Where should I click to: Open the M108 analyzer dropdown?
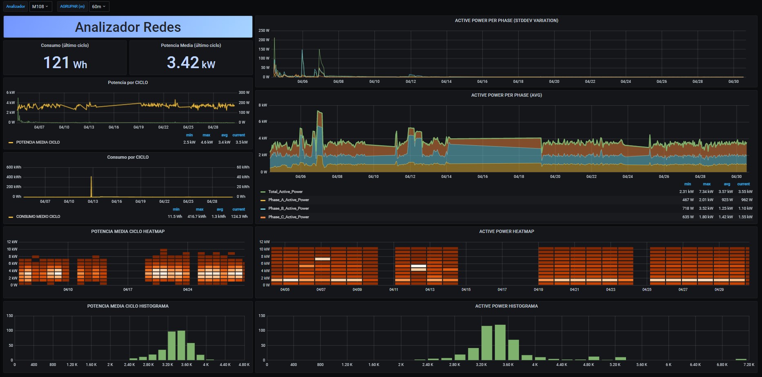click(40, 7)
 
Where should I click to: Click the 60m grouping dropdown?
click(99, 7)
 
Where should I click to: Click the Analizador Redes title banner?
click(128, 27)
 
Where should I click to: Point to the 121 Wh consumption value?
click(65, 63)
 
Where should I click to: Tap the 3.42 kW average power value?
click(191, 63)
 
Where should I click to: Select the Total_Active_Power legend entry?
click(285, 191)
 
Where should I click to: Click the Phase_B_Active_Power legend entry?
click(288, 208)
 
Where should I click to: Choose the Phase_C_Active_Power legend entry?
click(288, 217)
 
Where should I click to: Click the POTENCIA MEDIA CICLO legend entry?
click(38, 142)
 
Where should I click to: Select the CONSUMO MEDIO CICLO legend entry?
click(38, 217)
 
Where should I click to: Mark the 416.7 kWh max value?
click(197, 217)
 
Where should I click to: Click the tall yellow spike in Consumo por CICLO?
click(91, 186)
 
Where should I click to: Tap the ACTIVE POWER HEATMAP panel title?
click(506, 231)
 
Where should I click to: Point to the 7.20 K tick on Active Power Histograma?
click(749, 365)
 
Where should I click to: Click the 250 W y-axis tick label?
click(264, 31)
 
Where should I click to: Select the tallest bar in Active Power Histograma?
click(500, 342)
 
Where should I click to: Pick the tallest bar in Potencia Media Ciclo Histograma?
click(181, 345)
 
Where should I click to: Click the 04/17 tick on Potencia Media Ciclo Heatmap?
click(128, 290)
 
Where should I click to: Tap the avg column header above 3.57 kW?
click(727, 184)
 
